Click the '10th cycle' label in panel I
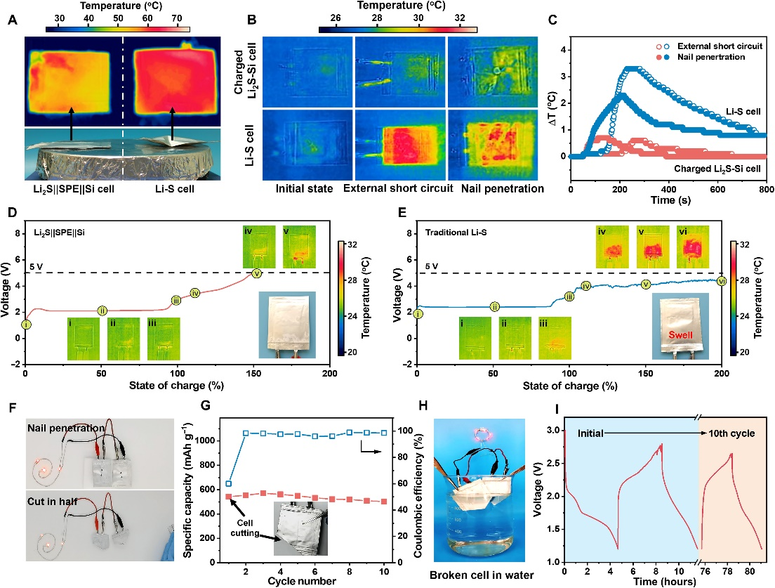(x=731, y=433)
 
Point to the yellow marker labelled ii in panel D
(x=102, y=311)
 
